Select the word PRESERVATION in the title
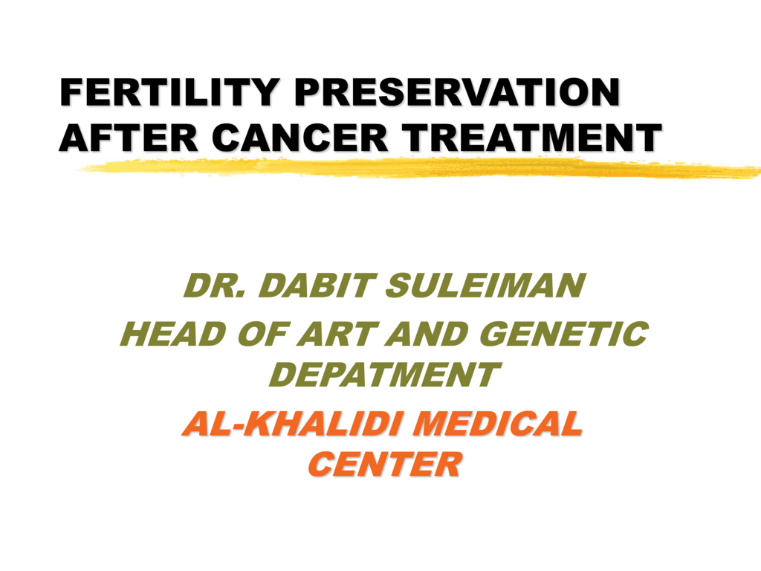tap(457, 91)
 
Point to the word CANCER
tap(300, 137)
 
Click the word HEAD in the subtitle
tap(173, 334)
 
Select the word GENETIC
tap(563, 334)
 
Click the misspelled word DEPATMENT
tap(384, 375)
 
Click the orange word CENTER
tap(384, 465)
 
